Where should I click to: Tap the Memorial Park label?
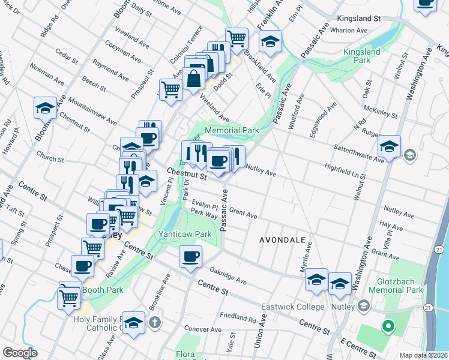tap(232, 130)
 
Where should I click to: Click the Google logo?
tap(20, 353)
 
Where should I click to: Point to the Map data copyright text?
tap(424, 355)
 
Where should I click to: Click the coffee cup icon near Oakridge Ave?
tap(191, 257)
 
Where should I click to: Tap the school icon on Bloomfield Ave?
tap(45, 107)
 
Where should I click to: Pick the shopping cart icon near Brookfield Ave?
tap(237, 38)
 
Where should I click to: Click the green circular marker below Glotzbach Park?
tap(388, 327)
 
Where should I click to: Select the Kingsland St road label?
tap(360, 19)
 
